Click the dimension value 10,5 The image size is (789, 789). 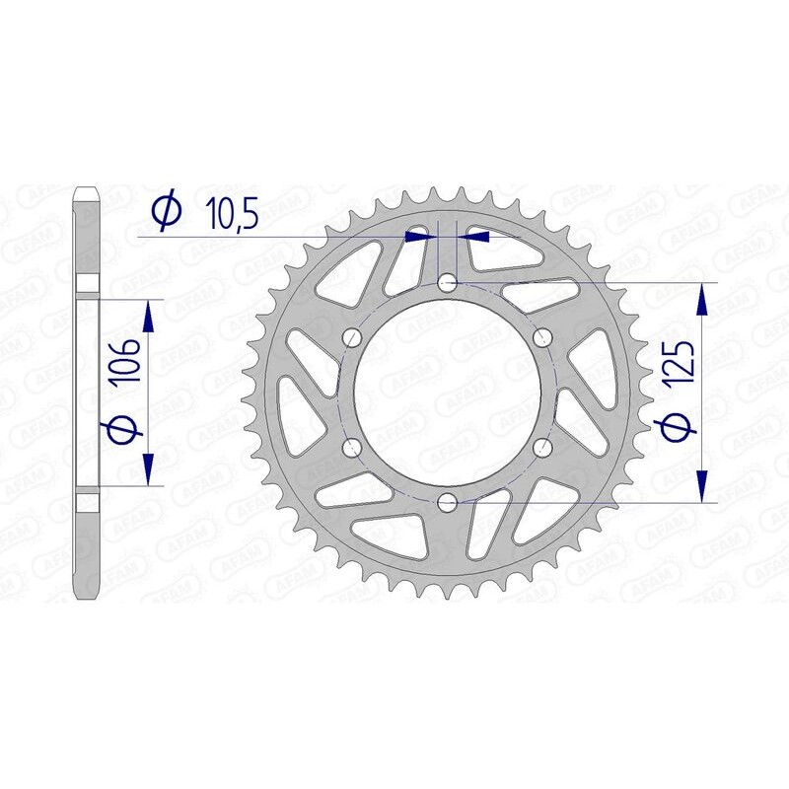(232, 211)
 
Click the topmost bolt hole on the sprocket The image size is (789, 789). (448, 283)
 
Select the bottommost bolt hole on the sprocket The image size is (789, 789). (448, 503)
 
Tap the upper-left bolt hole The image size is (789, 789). (352, 338)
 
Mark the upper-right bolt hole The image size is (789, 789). (542, 338)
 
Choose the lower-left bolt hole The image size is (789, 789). (352, 449)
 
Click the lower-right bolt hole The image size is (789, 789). (542, 449)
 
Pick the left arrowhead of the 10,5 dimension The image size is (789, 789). (421, 237)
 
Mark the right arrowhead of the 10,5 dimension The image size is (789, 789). (477, 237)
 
